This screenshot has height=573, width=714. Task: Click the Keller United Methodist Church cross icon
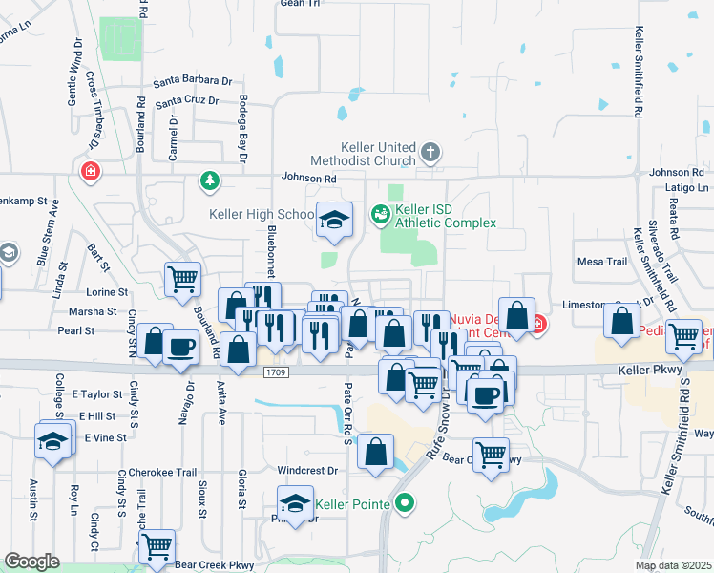click(430, 151)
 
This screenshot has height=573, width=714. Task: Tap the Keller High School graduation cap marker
click(334, 222)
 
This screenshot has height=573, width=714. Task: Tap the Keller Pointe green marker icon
click(405, 501)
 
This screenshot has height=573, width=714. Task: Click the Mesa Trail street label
click(602, 262)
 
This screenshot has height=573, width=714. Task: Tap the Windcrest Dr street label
click(307, 471)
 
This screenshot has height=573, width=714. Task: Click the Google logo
click(31, 562)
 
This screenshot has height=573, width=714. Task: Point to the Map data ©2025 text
click(673, 565)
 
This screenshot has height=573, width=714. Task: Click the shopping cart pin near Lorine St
click(182, 279)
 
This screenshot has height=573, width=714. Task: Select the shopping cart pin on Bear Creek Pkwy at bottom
click(157, 547)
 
